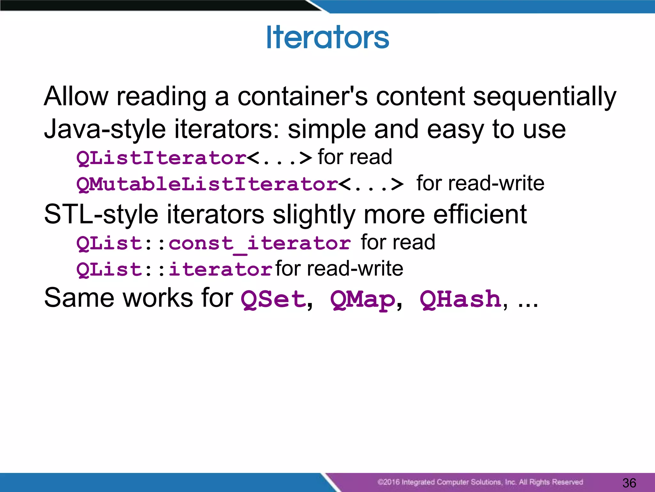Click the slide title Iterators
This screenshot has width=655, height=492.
click(327, 37)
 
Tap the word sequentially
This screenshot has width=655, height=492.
click(544, 97)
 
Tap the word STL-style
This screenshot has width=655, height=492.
click(101, 215)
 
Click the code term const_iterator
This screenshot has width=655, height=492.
click(259, 243)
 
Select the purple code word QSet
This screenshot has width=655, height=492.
click(273, 299)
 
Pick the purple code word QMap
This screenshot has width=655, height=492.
click(363, 299)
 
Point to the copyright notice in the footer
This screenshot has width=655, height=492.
click(480, 482)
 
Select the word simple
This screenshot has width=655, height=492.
click(327, 129)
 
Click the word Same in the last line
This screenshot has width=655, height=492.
click(79, 298)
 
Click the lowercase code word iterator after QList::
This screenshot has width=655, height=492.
click(220, 269)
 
